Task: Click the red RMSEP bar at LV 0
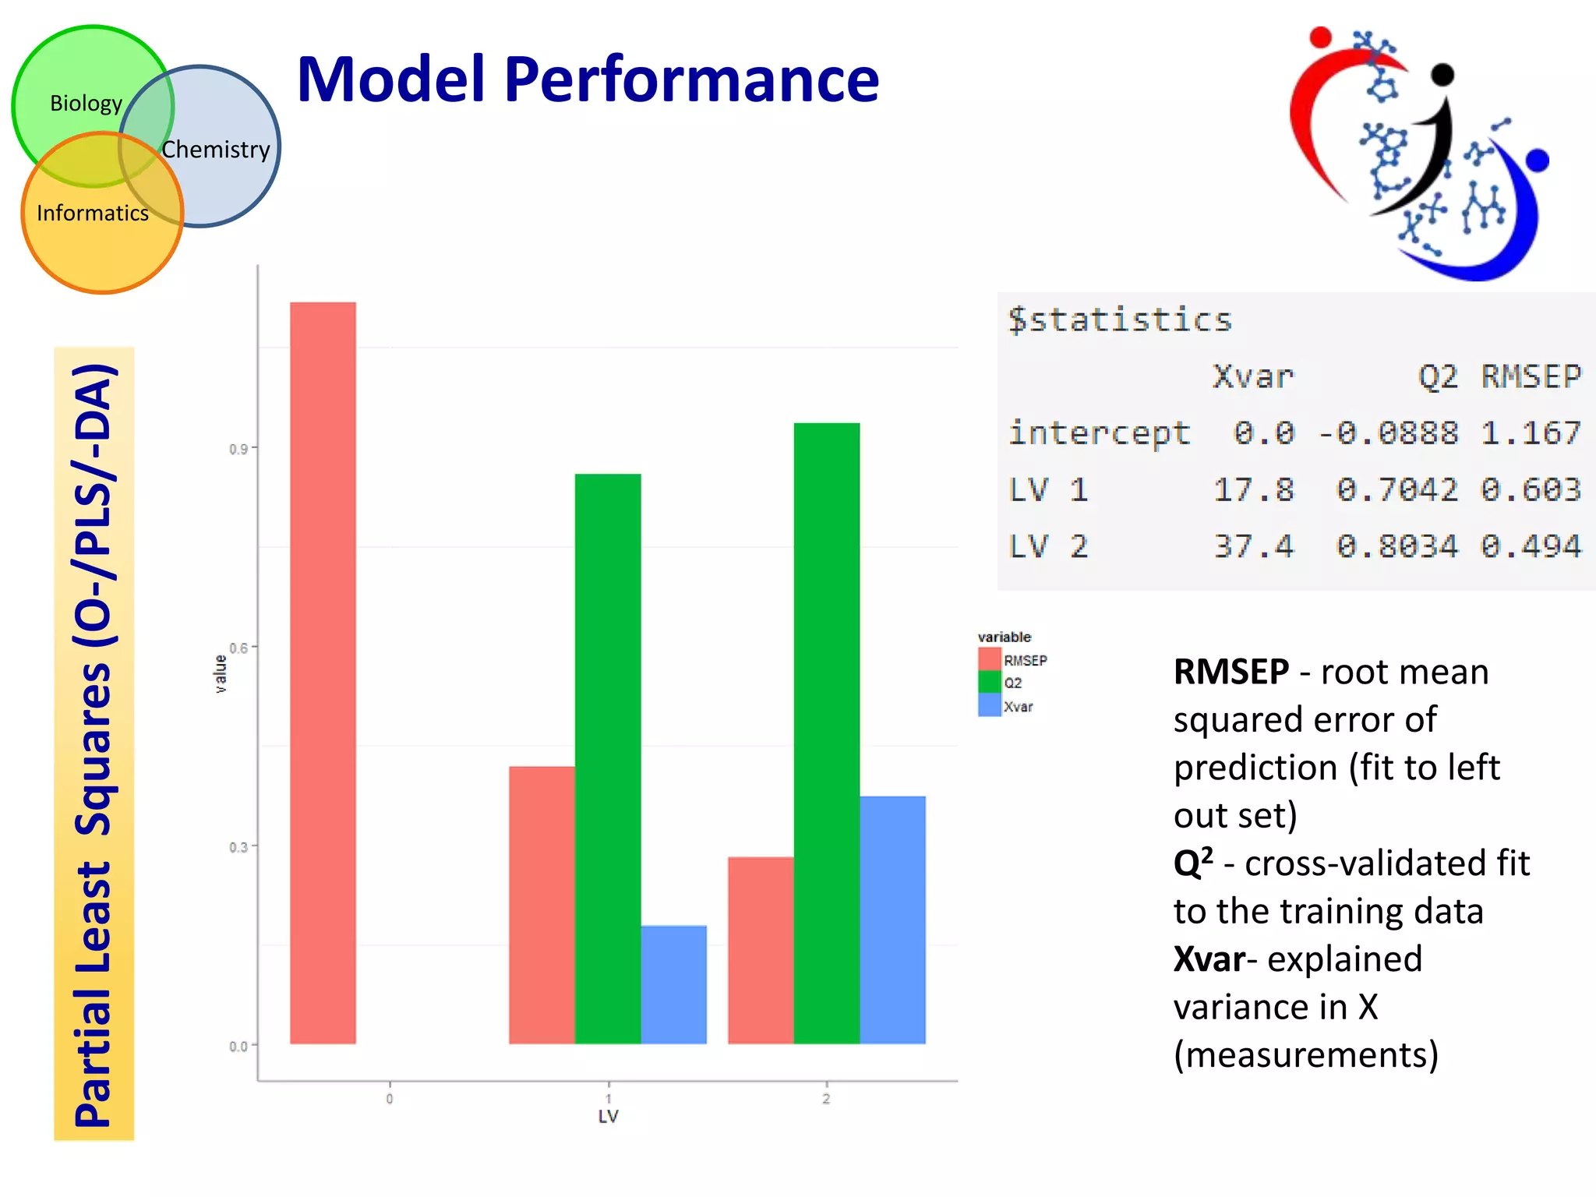pyautogui.click(x=323, y=673)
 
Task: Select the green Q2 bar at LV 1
pyautogui.click(x=608, y=758)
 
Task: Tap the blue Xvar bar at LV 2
pyautogui.click(x=892, y=920)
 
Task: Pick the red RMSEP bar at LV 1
pyautogui.click(x=542, y=905)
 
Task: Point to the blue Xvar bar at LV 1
pyautogui.click(x=673, y=984)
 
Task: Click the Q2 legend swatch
pyautogui.click(x=989, y=683)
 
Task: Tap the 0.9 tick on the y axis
pyautogui.click(x=238, y=450)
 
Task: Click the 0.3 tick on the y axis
pyautogui.click(x=238, y=847)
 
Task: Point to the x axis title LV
pyautogui.click(x=608, y=1116)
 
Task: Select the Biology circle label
pyautogui.click(x=86, y=103)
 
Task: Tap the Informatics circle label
pyautogui.click(x=92, y=213)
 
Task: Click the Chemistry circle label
pyautogui.click(x=216, y=149)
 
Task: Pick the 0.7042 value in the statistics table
pyautogui.click(x=1396, y=489)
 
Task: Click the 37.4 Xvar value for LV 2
pyautogui.click(x=1253, y=546)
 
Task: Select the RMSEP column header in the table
pyautogui.click(x=1531, y=376)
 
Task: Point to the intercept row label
pyautogui.click(x=1099, y=433)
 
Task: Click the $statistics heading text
pyautogui.click(x=1119, y=320)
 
